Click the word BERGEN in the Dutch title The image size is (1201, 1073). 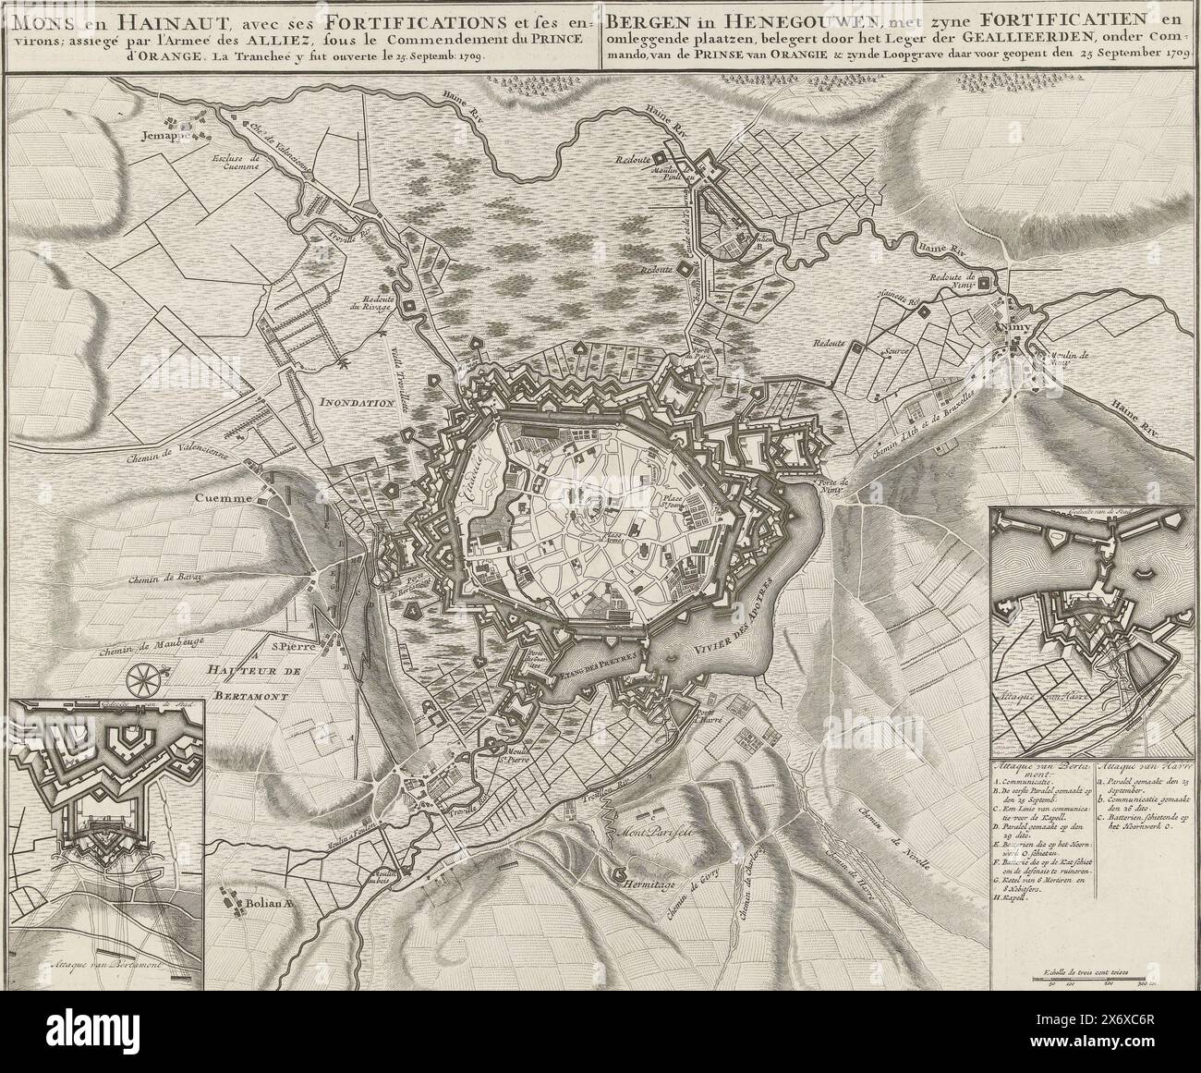pos(637,16)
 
